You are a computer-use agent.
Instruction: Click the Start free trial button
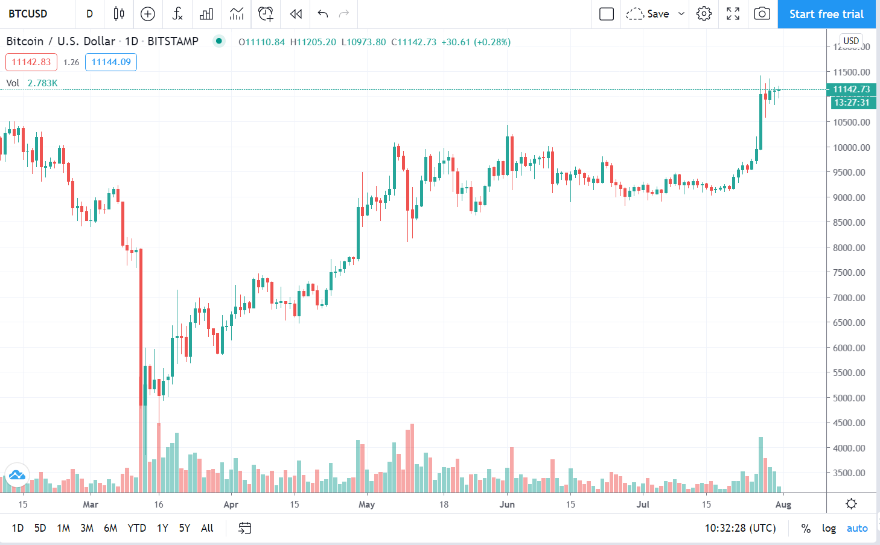[826, 14]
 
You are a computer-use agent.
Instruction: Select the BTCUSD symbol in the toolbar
[28, 14]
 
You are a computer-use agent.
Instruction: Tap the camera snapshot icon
[762, 14]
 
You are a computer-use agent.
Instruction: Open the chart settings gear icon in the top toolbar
[704, 14]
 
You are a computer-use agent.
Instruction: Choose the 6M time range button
[110, 528]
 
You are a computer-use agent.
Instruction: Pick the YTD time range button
[136, 528]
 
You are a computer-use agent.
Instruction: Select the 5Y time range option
[184, 528]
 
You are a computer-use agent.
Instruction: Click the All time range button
[207, 528]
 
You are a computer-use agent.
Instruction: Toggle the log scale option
[829, 528]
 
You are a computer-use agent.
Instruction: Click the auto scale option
[856, 528]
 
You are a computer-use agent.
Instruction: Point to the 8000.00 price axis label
[851, 247]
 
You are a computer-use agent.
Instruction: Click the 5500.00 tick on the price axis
[851, 373]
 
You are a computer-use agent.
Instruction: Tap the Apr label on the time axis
[231, 505]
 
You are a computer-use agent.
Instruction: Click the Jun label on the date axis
[507, 505]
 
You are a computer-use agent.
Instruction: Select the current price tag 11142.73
[851, 89]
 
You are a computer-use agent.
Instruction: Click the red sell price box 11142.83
[31, 62]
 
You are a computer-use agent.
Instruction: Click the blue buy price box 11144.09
[111, 62]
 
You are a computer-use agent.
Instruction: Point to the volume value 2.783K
[43, 83]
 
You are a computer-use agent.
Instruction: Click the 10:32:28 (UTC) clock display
[740, 528]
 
